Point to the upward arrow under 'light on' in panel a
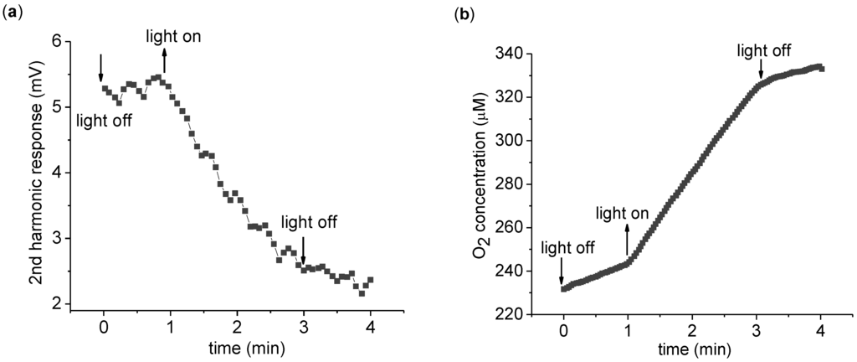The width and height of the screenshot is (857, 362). (164, 60)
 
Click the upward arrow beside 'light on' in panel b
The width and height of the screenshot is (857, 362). (628, 239)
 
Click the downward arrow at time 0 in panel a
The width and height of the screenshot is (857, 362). (101, 67)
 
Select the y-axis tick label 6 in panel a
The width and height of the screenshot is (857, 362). (56, 41)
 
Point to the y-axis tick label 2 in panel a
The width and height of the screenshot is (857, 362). (56, 304)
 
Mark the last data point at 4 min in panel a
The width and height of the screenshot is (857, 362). (370, 280)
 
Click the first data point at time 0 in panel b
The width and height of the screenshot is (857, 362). (565, 288)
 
